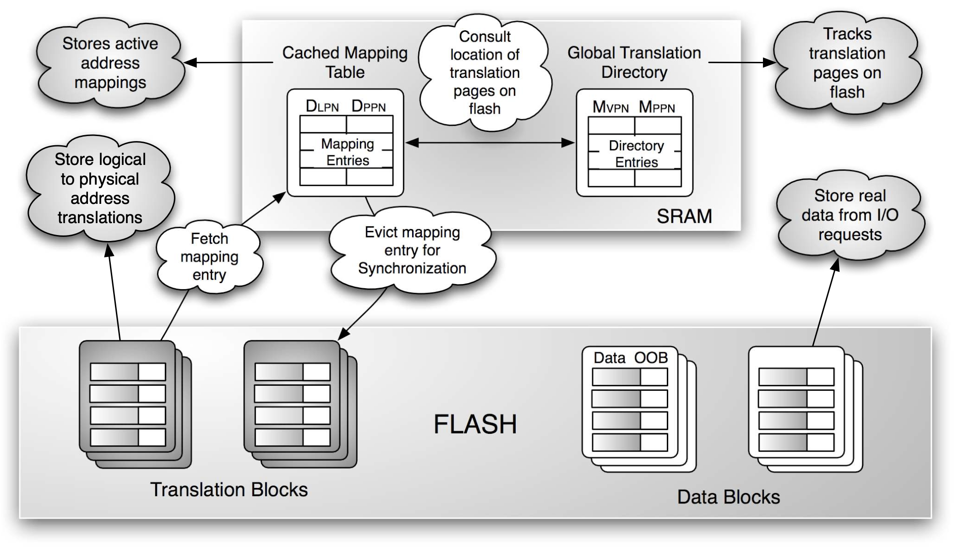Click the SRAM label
(684, 216)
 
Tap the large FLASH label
(475, 424)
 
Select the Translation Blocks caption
(229, 490)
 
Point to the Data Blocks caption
(728, 497)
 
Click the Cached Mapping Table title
(345, 62)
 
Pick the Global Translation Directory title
(634, 62)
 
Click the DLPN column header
(322, 106)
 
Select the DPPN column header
(369, 106)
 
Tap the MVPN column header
(610, 107)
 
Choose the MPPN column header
(657, 107)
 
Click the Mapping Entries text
(348, 152)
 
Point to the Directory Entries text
(636, 154)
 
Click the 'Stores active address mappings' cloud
(110, 63)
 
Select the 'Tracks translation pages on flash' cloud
(847, 63)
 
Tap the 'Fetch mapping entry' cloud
(209, 257)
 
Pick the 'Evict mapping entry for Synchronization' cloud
(412, 250)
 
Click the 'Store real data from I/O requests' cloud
(850, 215)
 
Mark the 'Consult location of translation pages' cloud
(485, 72)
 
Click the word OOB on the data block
(651, 357)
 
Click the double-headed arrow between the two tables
(490, 143)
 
